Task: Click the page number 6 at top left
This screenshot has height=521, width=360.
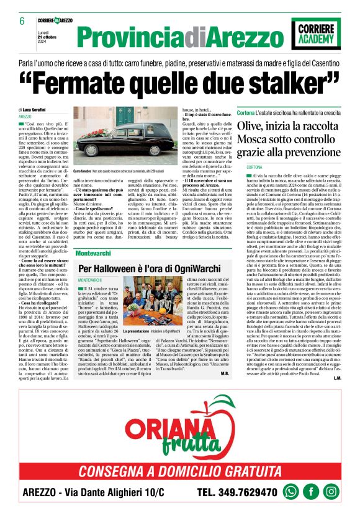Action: click(22, 21)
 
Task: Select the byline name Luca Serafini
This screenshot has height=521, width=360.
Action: click(45, 109)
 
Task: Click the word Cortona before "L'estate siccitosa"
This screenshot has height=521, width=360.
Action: click(246, 112)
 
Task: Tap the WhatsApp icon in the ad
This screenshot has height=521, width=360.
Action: click(290, 491)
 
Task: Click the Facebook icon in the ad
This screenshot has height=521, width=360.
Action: click(311, 491)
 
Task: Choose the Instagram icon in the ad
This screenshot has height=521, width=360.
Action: click(331, 491)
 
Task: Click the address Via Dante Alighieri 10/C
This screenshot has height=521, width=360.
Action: click(118, 492)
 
